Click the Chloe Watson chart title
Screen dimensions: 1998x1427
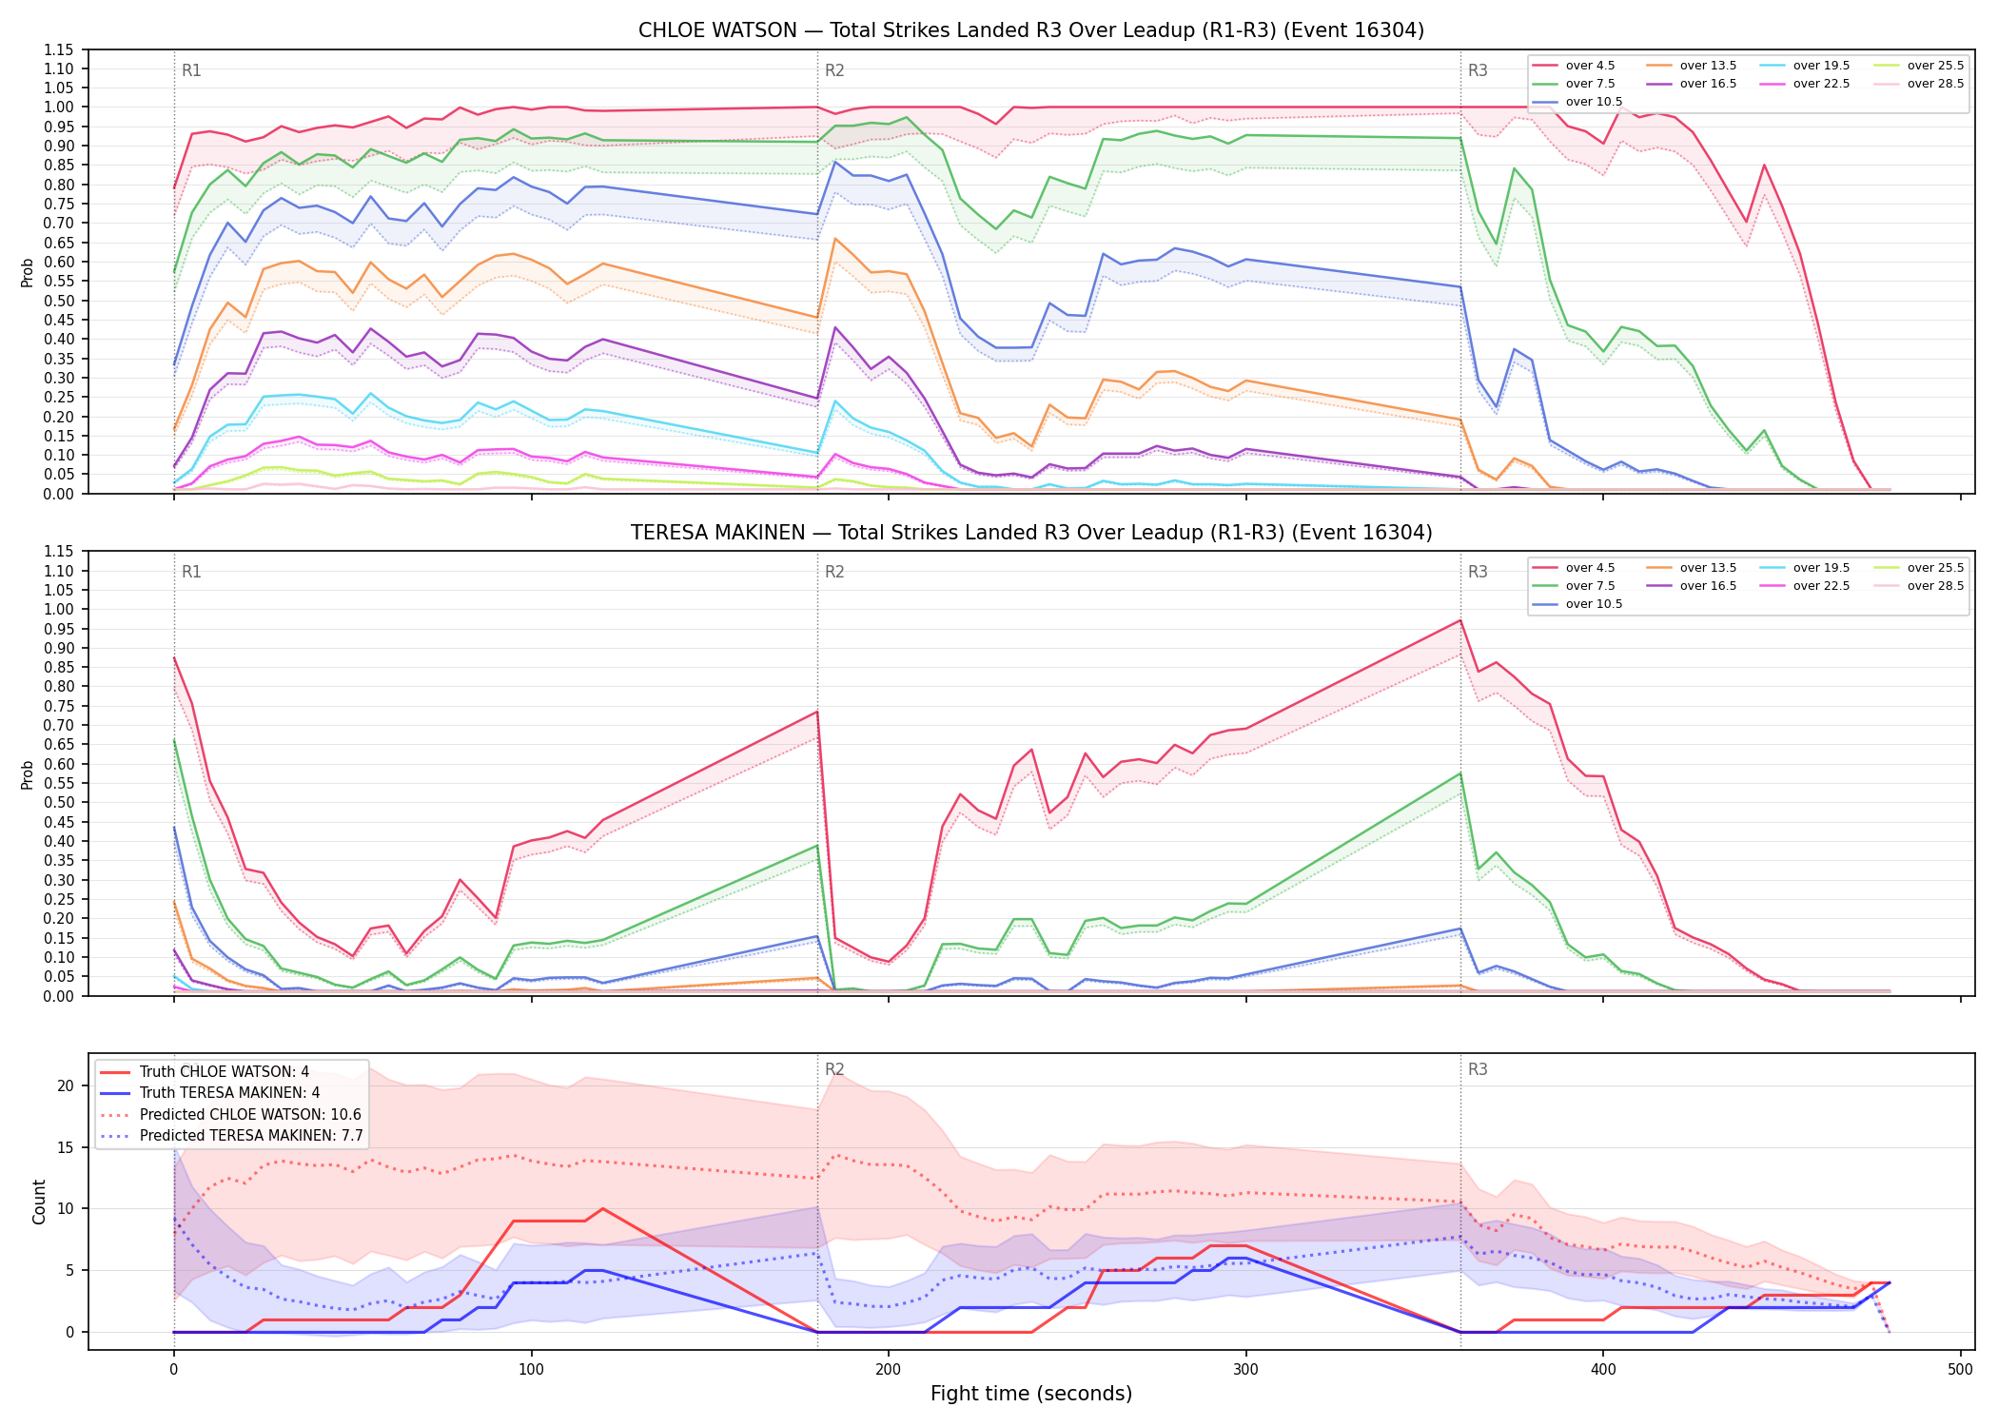(1031, 30)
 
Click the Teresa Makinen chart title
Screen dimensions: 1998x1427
(1031, 533)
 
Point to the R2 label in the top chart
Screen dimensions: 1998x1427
(834, 70)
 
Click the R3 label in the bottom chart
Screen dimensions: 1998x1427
(1478, 1069)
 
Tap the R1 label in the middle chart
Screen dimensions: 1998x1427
(191, 572)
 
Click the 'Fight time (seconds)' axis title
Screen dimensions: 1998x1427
(1031, 1394)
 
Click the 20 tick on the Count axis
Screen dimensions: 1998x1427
(66, 1085)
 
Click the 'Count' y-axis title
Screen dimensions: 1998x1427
(39, 1202)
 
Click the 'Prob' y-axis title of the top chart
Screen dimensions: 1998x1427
(28, 272)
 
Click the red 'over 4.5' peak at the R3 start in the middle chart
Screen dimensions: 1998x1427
(1460, 620)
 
